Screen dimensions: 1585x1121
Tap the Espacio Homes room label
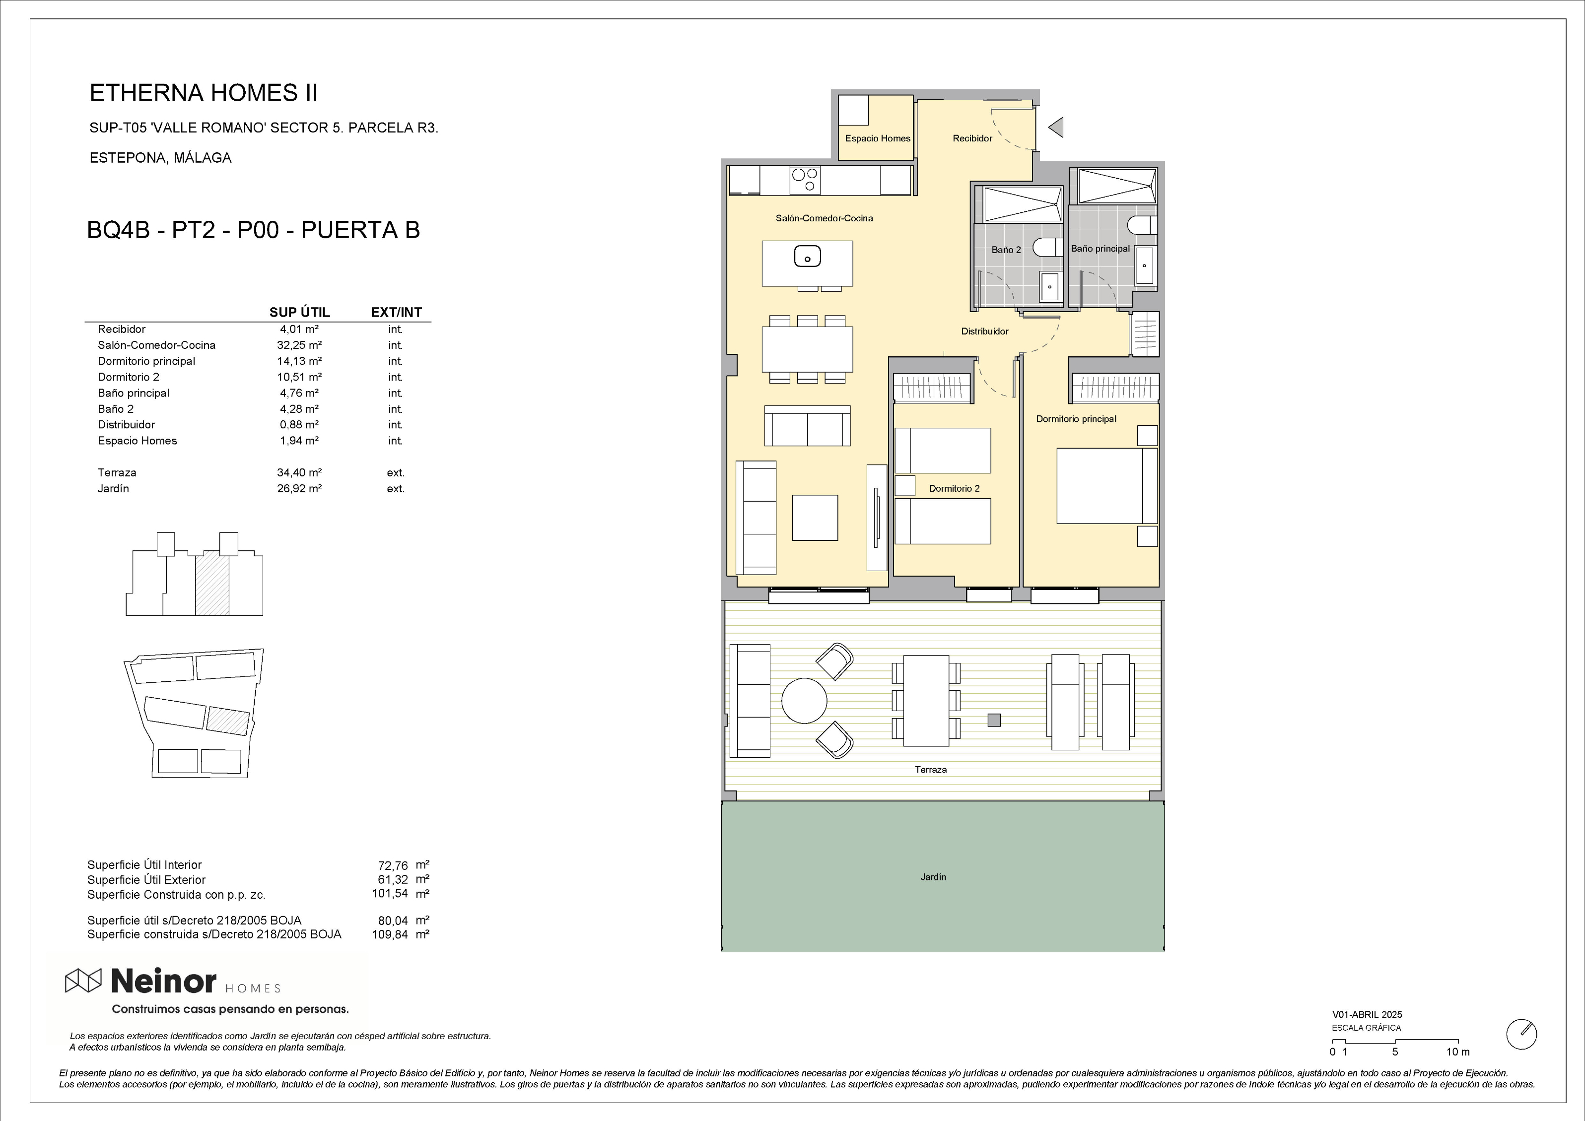pos(878,138)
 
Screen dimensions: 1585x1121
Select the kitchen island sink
pos(807,257)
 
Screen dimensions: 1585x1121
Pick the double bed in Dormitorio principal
pos(1106,486)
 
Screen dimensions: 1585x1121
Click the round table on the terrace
pos(804,700)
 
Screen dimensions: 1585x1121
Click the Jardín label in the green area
pos(933,877)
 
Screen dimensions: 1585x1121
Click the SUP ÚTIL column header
pos(300,312)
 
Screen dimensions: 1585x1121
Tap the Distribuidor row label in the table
pos(126,424)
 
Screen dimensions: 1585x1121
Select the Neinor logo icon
pos(83,980)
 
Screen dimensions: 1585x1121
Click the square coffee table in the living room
pos(815,518)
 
